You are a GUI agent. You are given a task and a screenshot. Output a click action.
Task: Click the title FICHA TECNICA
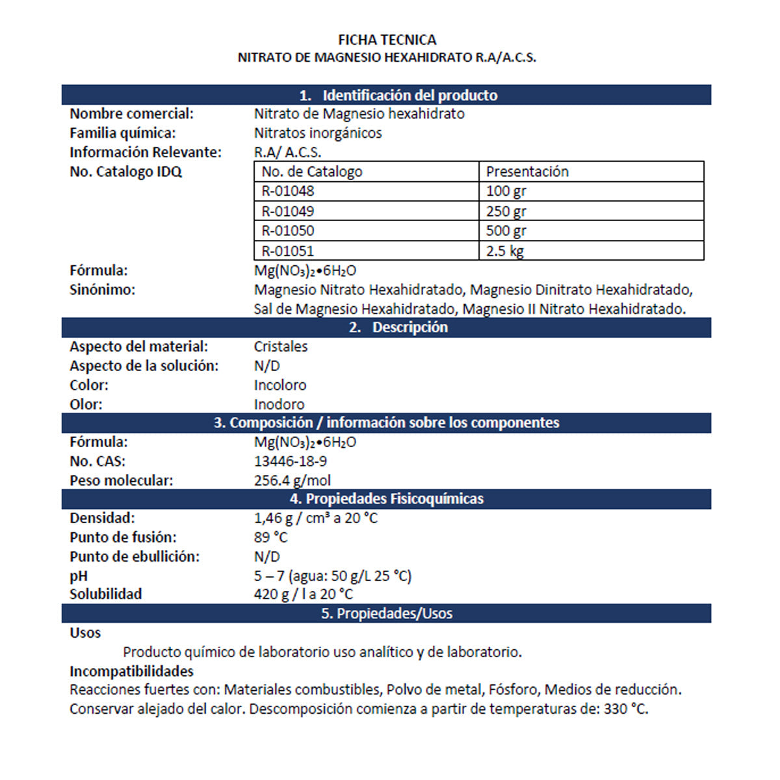[387, 40]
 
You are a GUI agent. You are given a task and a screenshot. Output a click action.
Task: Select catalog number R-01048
[288, 191]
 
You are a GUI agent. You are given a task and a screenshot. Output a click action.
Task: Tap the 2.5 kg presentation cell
[505, 251]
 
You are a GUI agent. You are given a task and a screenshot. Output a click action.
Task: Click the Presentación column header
[527, 172]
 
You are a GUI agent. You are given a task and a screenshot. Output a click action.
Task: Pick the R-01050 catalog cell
[288, 231]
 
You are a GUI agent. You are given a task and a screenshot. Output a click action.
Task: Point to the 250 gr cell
[506, 211]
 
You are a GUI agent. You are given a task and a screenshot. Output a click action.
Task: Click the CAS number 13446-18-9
[291, 461]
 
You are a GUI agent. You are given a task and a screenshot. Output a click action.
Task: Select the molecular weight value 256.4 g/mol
[292, 481]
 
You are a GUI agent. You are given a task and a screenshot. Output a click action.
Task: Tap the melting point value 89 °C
[270, 538]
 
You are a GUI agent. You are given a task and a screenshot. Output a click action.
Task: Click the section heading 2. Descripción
[398, 328]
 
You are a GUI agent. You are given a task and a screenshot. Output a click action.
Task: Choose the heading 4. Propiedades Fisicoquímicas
[387, 499]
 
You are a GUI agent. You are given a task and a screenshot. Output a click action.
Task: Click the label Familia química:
[123, 133]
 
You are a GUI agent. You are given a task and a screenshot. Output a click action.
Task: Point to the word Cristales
[281, 346]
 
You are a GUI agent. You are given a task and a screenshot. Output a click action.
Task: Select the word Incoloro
[280, 385]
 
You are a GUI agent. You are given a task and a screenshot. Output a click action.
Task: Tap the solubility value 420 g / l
[283, 594]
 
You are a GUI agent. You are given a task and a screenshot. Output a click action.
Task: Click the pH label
[79, 577]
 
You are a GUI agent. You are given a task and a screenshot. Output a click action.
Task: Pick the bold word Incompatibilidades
[132, 671]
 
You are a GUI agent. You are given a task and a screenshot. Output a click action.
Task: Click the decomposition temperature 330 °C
[625, 709]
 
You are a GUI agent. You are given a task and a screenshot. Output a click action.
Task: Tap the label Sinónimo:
[103, 290]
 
